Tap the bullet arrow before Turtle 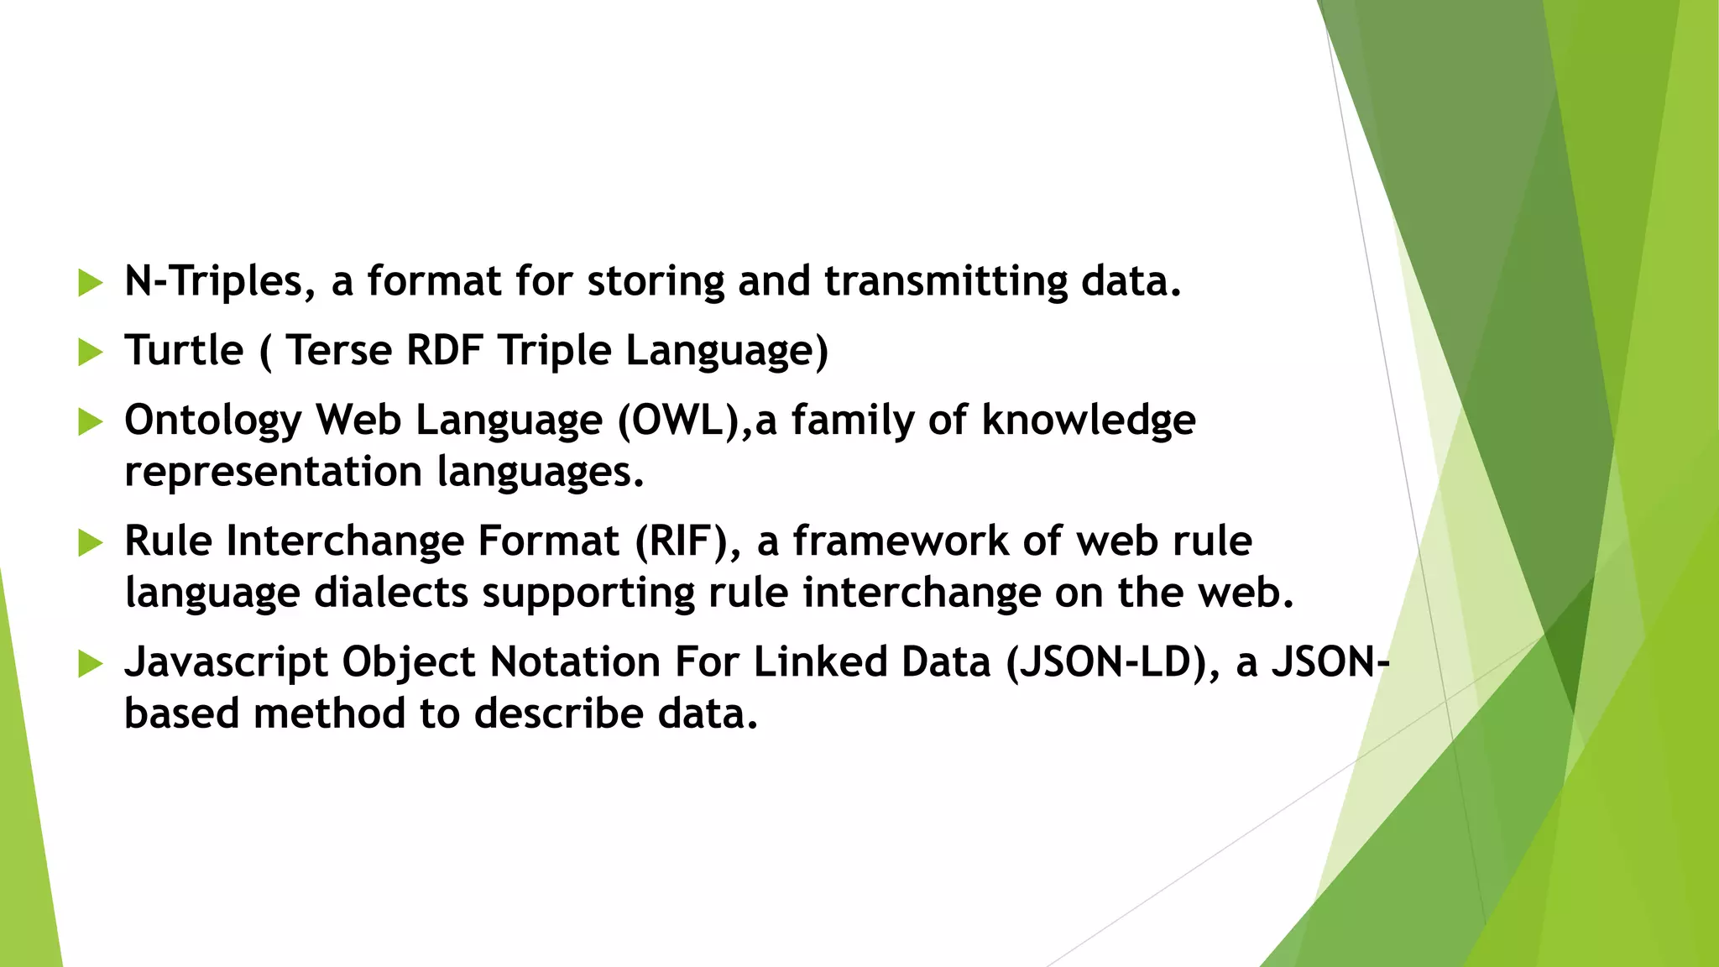(89, 352)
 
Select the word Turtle (184, 350)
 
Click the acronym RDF (444, 350)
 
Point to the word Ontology (212, 421)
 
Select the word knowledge (1089, 420)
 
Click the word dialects (391, 593)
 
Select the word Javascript (226, 662)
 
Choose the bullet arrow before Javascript (89, 664)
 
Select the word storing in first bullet (655, 281)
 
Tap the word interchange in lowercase (921, 593)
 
